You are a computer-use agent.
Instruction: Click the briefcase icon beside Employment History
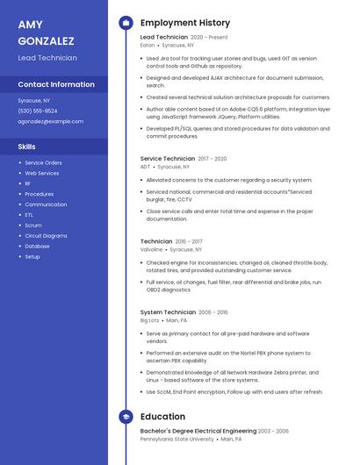pyautogui.click(x=126, y=23)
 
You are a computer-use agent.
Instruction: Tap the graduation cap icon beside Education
pyautogui.click(x=126, y=417)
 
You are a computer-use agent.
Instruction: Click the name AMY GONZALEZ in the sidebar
pyautogui.click(x=46, y=32)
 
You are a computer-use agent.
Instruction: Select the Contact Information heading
pyautogui.click(x=56, y=84)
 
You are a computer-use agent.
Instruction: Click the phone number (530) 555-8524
pyautogui.click(x=38, y=111)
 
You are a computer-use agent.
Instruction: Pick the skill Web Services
pyautogui.click(x=41, y=173)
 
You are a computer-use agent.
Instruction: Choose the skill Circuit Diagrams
pyautogui.click(x=46, y=235)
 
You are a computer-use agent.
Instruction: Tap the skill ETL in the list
pyautogui.click(x=29, y=215)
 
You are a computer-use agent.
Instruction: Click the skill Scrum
pyautogui.click(x=32, y=225)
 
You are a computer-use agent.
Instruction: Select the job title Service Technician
pyautogui.click(x=168, y=159)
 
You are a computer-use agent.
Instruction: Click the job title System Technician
pyautogui.click(x=168, y=312)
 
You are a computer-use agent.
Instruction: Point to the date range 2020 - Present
pyautogui.click(x=209, y=38)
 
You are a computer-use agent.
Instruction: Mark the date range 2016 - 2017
pyautogui.click(x=189, y=241)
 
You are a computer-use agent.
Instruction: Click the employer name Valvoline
pyautogui.click(x=151, y=249)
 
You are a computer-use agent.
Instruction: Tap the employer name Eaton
pyautogui.click(x=147, y=45)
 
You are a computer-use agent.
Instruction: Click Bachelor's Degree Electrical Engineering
pyautogui.click(x=198, y=431)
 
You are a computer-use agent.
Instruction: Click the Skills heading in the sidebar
pyautogui.click(x=26, y=147)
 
